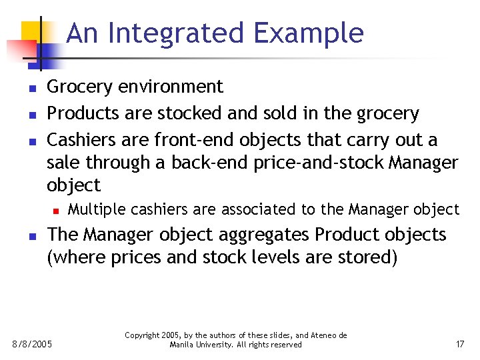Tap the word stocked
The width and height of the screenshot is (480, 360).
[x=183, y=114]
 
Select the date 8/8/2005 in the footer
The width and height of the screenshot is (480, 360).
[x=33, y=344]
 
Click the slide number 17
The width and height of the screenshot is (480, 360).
[x=459, y=344]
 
